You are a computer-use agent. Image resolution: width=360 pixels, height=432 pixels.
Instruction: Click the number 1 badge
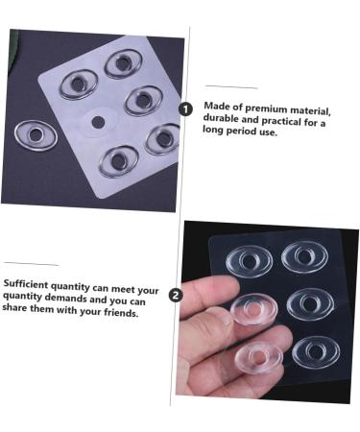pyautogui.click(x=185, y=109)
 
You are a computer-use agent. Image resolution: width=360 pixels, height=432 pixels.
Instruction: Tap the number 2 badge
pyautogui.click(x=176, y=295)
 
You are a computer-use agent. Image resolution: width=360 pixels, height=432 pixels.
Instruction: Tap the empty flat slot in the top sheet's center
pyautogui.click(x=97, y=122)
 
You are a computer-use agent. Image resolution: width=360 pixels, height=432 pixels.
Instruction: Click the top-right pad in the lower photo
pyautogui.click(x=306, y=256)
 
